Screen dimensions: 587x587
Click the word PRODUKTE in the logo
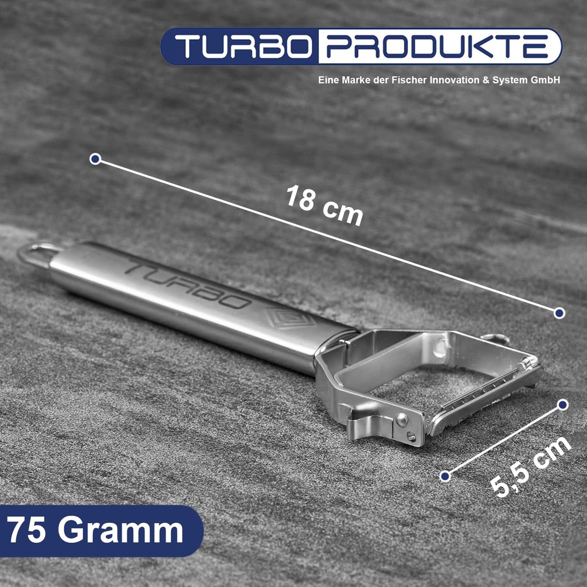[x=437, y=46]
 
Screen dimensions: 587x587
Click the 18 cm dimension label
[x=325, y=206]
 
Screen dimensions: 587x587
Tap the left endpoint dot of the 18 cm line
[x=95, y=159]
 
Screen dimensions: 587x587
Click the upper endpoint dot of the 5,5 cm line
[x=563, y=405]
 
